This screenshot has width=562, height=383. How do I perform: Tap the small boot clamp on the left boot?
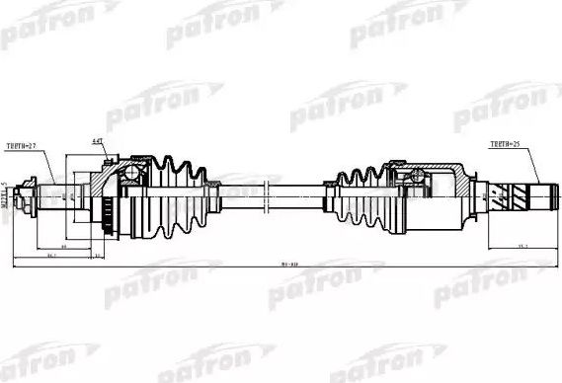click(x=211, y=193)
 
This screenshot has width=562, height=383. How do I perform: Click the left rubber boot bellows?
click(x=178, y=193)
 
